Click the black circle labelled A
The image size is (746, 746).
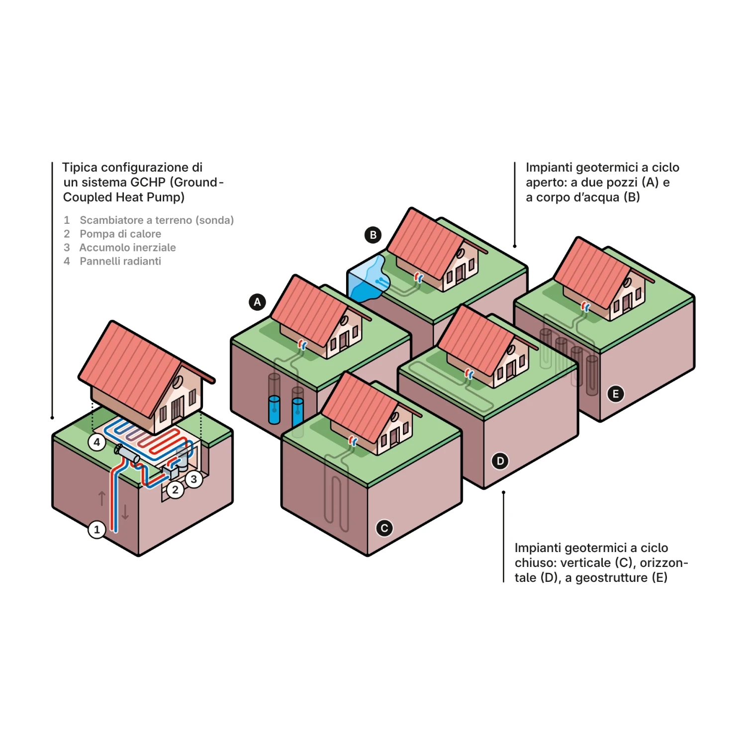click(x=257, y=302)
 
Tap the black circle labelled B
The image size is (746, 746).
click(x=373, y=235)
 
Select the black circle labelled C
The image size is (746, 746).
click(x=384, y=528)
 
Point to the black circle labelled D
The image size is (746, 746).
click(x=500, y=461)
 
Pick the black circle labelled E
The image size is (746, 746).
click(x=616, y=394)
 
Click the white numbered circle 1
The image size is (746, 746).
click(x=97, y=530)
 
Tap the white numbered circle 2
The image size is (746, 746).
click(x=175, y=490)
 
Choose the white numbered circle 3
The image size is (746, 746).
click(x=194, y=479)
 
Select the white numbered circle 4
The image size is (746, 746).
click(x=97, y=442)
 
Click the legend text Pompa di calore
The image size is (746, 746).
click(x=120, y=234)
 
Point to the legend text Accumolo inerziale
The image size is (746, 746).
click(x=127, y=248)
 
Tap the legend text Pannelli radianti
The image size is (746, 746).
click(x=120, y=261)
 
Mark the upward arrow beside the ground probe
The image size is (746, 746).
click(x=102, y=498)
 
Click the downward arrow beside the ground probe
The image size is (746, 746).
click(x=125, y=512)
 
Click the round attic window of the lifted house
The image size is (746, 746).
click(x=177, y=382)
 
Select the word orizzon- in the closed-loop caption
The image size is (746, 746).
click(x=663, y=563)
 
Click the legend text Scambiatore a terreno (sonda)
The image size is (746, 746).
click(x=157, y=220)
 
